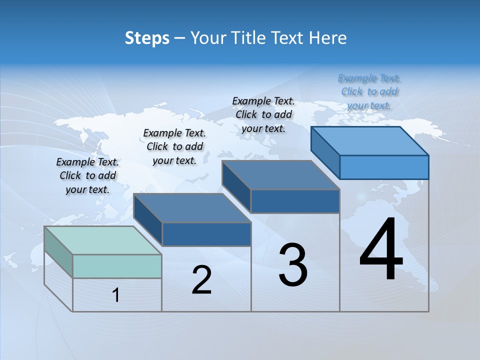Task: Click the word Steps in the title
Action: [147, 38]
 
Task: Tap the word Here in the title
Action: [327, 38]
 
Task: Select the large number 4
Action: [381, 249]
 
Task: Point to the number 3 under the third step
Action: [293, 264]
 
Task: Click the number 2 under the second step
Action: [201, 280]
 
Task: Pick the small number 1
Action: [116, 295]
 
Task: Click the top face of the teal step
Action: [103, 240]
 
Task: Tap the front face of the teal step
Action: [117, 266]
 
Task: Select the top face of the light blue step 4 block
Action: [370, 140]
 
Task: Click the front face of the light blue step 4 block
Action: [384, 167]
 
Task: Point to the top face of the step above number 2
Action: [192, 207]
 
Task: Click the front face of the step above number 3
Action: [295, 201]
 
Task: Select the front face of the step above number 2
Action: [206, 234]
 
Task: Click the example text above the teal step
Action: [87, 175]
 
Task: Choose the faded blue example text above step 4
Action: [369, 91]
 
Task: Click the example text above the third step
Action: [263, 114]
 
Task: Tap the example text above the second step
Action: [174, 146]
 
